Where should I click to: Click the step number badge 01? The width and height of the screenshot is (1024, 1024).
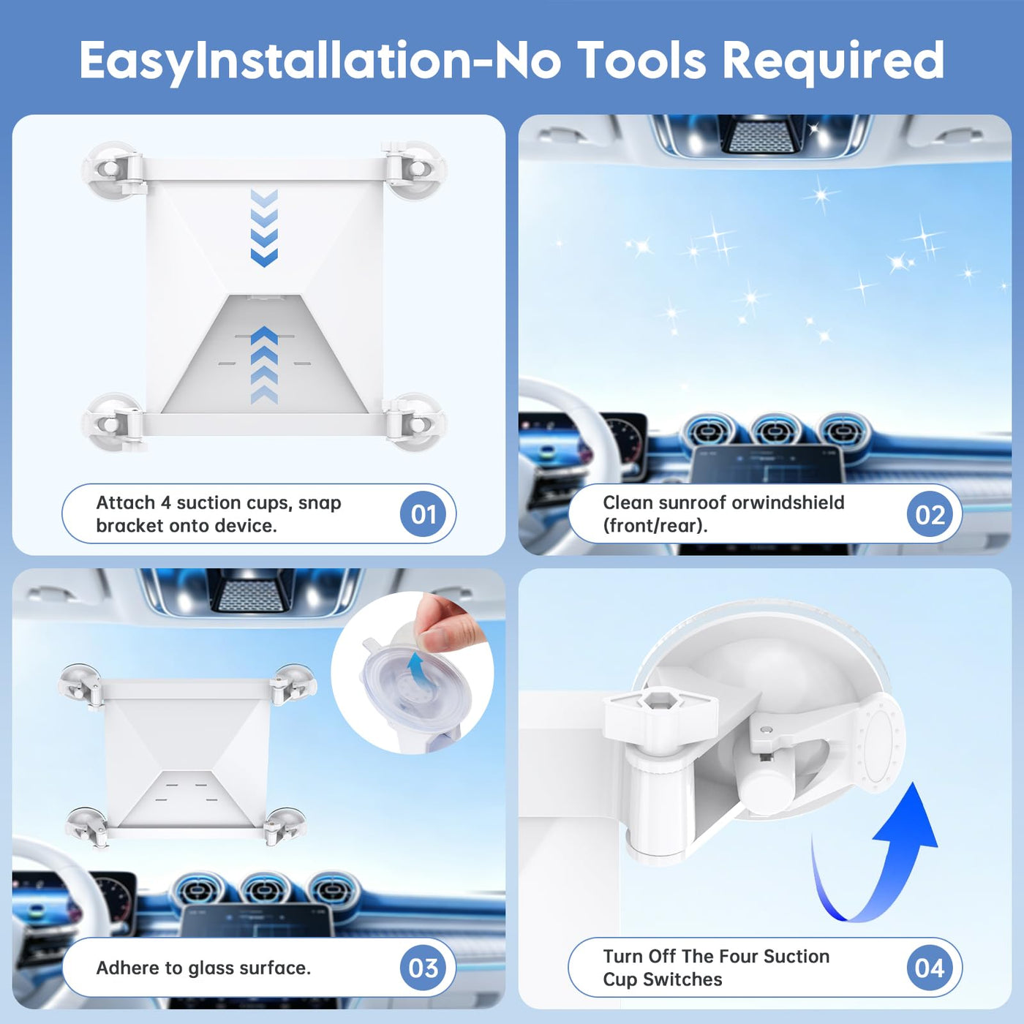click(423, 514)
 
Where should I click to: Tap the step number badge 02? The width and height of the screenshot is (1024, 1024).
click(930, 514)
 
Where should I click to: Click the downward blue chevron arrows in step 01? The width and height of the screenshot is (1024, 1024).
click(264, 228)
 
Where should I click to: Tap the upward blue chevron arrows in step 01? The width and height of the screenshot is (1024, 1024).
click(264, 365)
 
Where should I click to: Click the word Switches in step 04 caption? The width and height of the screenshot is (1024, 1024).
click(690, 979)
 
